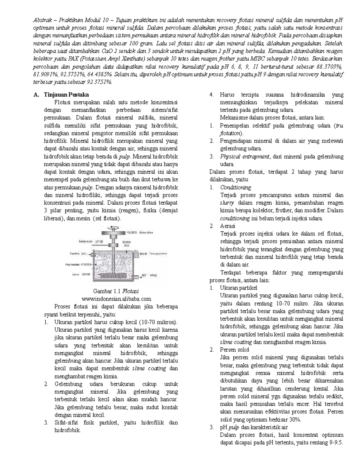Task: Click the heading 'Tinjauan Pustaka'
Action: (66, 95)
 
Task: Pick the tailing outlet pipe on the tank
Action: (139, 276)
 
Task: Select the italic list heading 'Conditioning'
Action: (235, 187)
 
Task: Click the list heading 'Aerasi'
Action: (228, 226)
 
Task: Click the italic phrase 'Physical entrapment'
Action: (245, 156)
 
